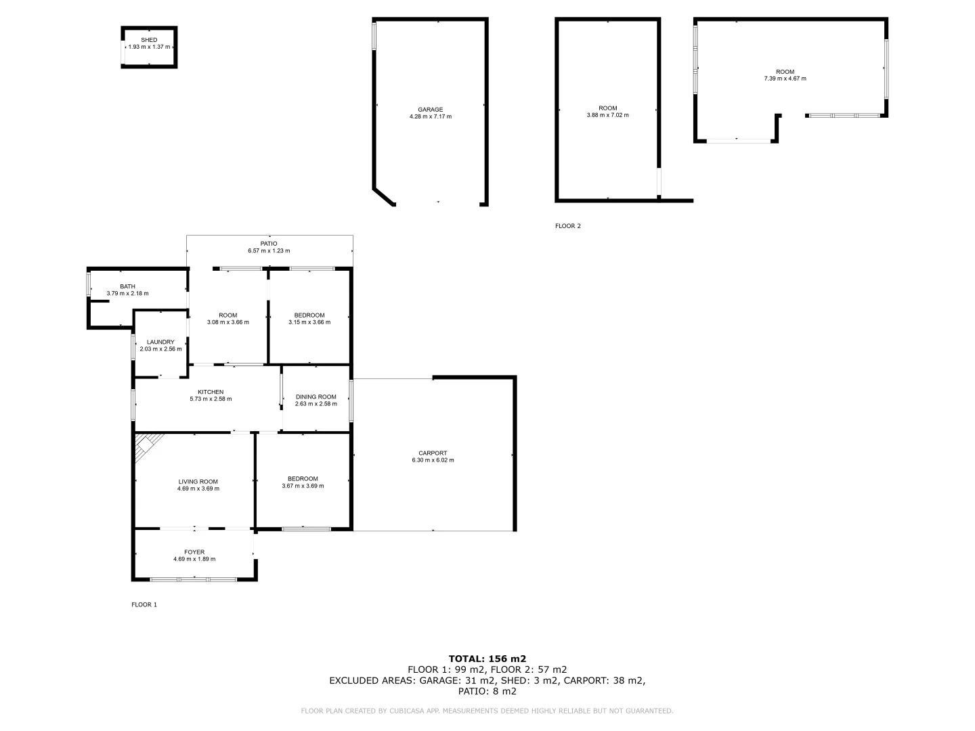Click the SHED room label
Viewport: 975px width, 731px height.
click(x=149, y=40)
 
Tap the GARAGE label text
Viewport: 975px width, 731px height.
click(x=430, y=110)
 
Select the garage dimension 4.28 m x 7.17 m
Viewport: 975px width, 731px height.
click(x=430, y=117)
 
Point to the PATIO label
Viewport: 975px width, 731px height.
click(x=269, y=244)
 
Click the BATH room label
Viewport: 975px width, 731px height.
click(x=127, y=286)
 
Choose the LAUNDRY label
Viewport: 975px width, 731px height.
click(x=160, y=342)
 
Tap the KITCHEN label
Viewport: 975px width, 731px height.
click(x=211, y=392)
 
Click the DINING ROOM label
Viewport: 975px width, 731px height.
click(x=316, y=397)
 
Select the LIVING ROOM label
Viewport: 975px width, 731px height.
click(x=198, y=481)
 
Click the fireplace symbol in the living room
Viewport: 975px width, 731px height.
click(x=144, y=445)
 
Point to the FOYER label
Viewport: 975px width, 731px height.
click(x=194, y=552)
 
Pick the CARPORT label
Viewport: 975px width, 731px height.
click(x=433, y=453)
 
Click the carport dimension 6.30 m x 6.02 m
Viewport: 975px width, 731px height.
click(x=433, y=460)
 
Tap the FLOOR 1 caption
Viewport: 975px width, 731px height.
click(x=144, y=604)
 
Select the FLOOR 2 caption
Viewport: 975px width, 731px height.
click(x=568, y=226)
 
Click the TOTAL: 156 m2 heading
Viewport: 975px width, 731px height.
click(x=487, y=658)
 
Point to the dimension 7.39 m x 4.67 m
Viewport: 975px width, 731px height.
click(x=785, y=79)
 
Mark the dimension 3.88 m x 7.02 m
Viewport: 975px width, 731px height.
click(x=607, y=115)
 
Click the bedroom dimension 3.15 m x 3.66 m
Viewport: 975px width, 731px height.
click(x=309, y=322)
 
